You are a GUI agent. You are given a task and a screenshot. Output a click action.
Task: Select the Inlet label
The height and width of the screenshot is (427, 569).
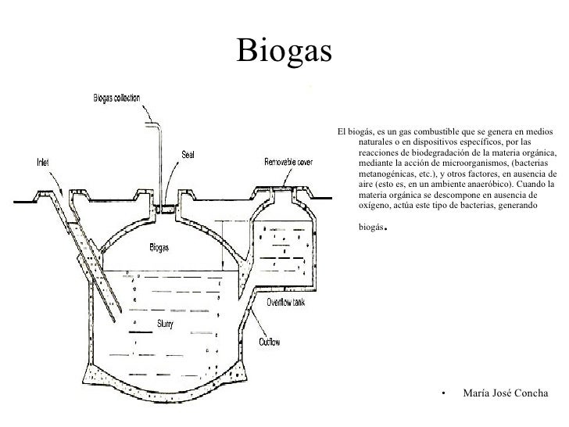coord(44,163)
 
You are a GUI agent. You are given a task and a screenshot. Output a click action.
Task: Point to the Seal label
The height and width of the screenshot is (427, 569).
coord(188,154)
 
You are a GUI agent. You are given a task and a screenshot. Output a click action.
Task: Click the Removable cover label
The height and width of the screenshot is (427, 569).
coord(289,163)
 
